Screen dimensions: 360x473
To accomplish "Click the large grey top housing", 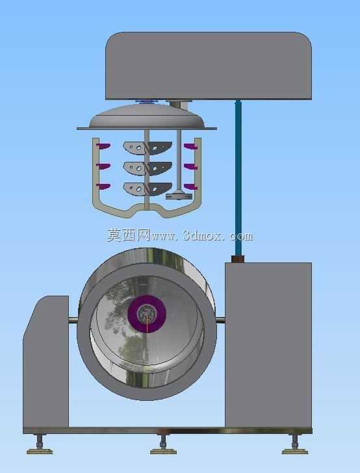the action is (x=209, y=66).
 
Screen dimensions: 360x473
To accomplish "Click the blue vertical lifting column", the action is (x=238, y=177).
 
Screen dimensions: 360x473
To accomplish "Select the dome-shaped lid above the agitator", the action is (x=147, y=116).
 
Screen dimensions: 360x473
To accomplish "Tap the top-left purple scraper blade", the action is (x=103, y=146).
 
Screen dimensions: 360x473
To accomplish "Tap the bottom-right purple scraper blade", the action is (x=190, y=187).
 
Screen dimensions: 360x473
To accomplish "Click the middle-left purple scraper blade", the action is (x=103, y=166).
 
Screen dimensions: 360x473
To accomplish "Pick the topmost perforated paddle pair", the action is (x=148, y=148).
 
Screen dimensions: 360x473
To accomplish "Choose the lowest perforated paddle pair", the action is (x=148, y=189).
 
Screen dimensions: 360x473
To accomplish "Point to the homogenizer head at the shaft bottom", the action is (x=179, y=196).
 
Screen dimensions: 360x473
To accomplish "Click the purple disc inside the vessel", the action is (x=147, y=314).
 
